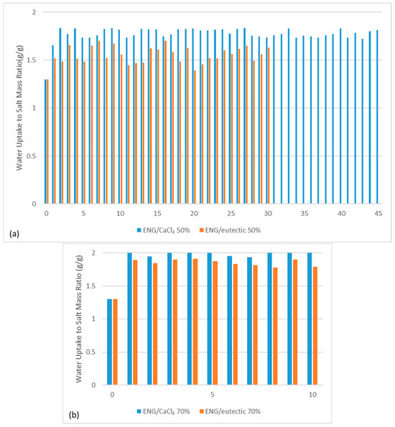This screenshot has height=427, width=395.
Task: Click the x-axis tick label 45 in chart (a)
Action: coord(377,213)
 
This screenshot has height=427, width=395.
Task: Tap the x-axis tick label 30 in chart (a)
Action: coord(266,213)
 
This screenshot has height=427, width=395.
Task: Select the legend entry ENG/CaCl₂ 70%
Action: coord(172,410)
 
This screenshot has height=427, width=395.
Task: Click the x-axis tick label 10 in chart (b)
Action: coord(312,395)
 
